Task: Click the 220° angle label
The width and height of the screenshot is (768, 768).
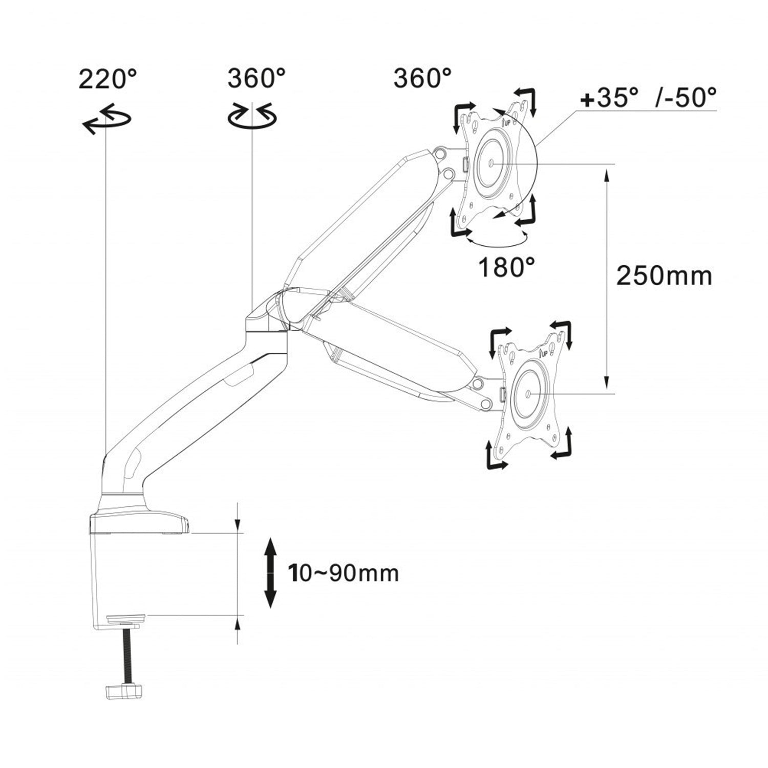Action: pyautogui.click(x=108, y=79)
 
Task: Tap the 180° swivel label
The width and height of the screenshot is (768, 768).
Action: pyautogui.click(x=506, y=267)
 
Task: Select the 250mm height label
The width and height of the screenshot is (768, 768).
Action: pyautogui.click(x=664, y=276)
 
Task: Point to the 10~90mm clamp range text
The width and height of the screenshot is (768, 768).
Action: pyautogui.click(x=344, y=573)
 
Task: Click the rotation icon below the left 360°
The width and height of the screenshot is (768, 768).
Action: pyautogui.click(x=252, y=116)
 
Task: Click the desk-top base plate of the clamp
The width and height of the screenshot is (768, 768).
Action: pyautogui.click(x=139, y=524)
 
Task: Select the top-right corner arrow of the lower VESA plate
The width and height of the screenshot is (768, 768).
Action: pyautogui.click(x=562, y=332)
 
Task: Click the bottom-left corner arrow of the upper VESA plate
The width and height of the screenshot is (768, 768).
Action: pyautogui.click(x=459, y=225)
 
